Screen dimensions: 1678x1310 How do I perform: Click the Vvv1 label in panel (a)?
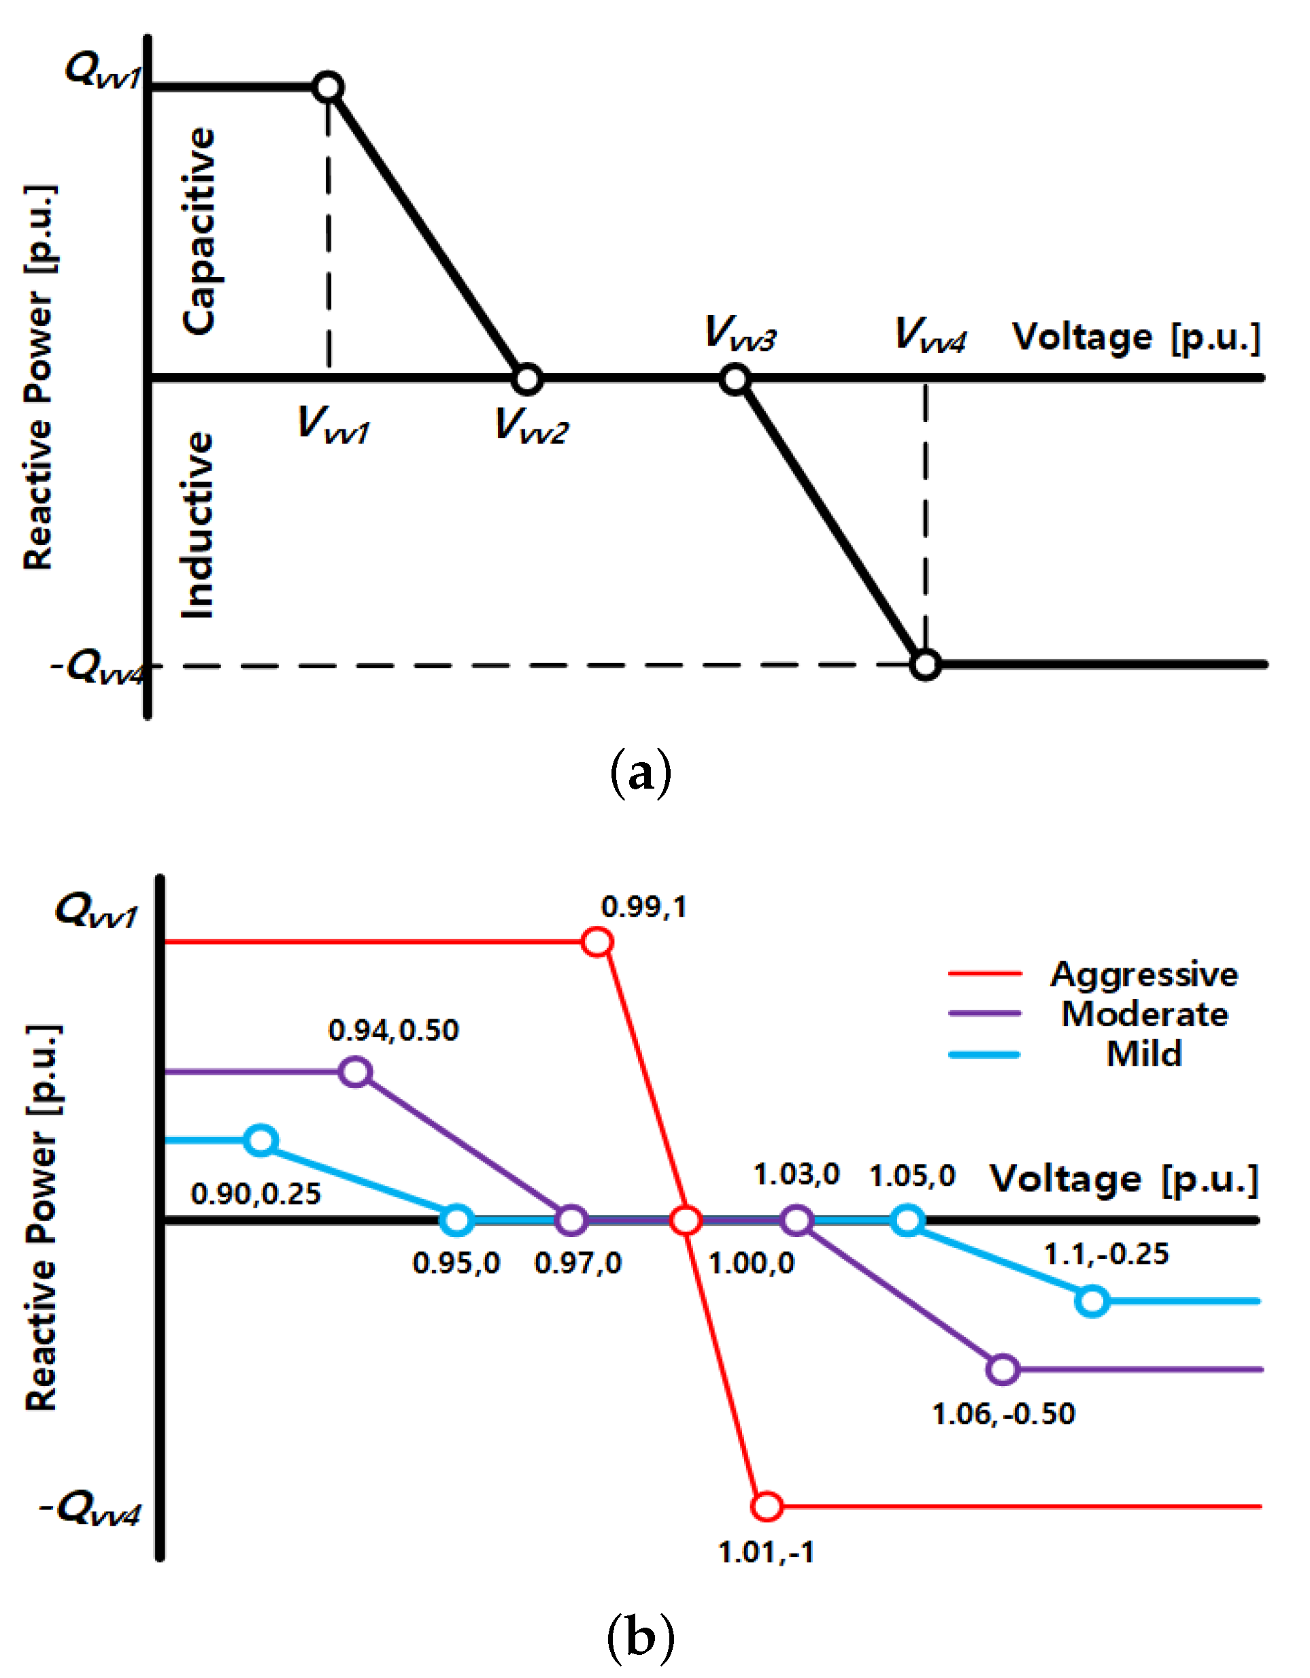coord(333,424)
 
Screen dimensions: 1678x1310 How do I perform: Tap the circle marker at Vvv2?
coord(528,379)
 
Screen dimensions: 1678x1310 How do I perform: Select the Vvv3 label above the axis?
coord(740,333)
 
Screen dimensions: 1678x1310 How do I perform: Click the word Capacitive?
coord(198,231)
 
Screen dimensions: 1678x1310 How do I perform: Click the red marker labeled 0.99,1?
coord(597,941)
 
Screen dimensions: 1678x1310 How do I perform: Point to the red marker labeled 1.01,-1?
coord(767,1507)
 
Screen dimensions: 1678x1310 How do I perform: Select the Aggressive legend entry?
coord(1143,974)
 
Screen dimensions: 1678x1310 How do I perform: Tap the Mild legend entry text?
coord(1143,1053)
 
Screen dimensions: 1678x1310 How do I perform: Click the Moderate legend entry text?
coord(1143,1014)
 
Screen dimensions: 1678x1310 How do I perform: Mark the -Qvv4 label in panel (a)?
coord(97,665)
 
